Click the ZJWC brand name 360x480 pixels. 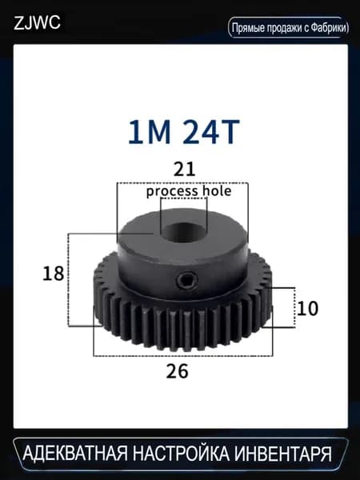37,23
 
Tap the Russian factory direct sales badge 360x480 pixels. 289,27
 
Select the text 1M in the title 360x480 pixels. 149,132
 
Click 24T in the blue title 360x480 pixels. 211,132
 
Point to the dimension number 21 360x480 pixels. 184,170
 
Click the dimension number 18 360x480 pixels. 54,274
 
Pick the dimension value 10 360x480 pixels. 307,309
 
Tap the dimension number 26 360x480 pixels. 178,371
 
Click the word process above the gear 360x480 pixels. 172,192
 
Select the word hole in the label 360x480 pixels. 217,191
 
